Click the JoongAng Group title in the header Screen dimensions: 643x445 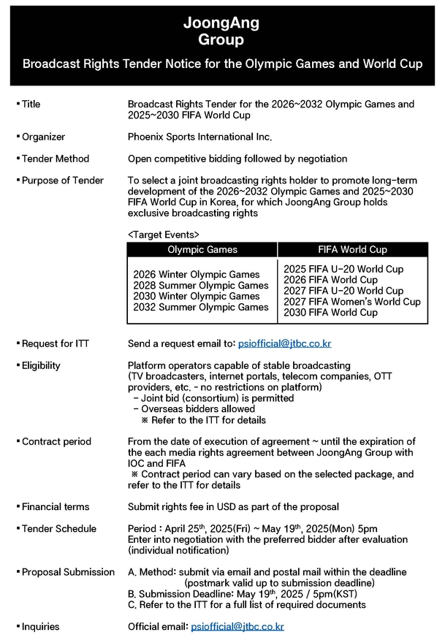[x=221, y=31]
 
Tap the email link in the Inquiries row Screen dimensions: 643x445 [x=237, y=627]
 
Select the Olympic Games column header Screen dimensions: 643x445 [x=202, y=250]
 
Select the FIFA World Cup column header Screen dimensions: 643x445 [x=353, y=250]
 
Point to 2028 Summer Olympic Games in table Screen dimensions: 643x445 [x=201, y=286]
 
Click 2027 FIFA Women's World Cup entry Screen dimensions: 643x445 [x=351, y=302]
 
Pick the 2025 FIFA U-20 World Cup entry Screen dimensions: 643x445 [x=343, y=269]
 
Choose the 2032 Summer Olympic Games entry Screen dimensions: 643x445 [x=201, y=308]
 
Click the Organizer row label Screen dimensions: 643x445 [x=43, y=137]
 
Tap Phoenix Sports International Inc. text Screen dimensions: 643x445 [x=199, y=137]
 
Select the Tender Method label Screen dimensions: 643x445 [x=55, y=159]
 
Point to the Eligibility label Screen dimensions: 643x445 [x=41, y=365]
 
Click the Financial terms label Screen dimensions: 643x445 [x=56, y=507]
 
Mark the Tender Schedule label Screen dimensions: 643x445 [x=58, y=529]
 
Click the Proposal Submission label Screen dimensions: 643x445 [x=68, y=572]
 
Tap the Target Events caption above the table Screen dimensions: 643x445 [x=163, y=235]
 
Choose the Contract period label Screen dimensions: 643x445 [x=56, y=442]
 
